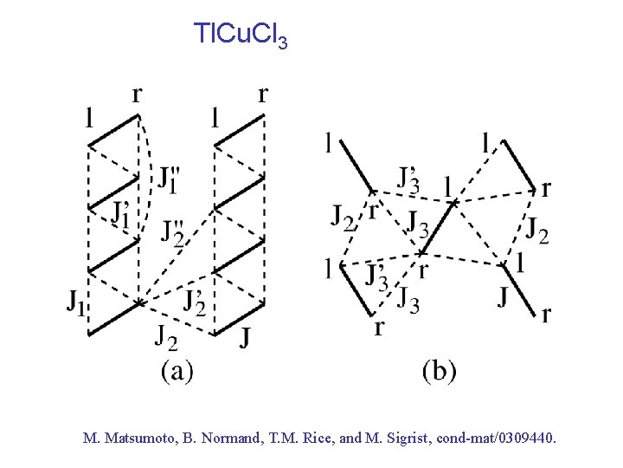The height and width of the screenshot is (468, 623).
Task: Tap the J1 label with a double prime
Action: tap(170, 179)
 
